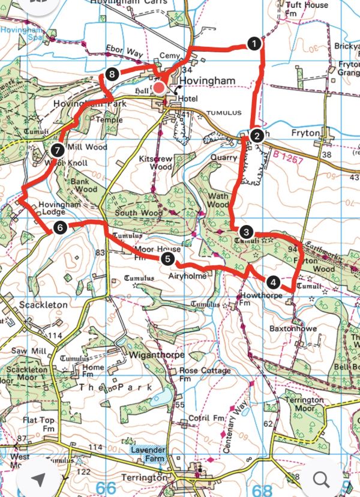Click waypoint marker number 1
click(x=254, y=44)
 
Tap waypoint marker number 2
click(x=256, y=135)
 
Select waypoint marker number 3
click(x=245, y=232)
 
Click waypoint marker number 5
click(x=167, y=259)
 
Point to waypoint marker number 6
click(x=59, y=227)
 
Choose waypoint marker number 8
click(x=111, y=74)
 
